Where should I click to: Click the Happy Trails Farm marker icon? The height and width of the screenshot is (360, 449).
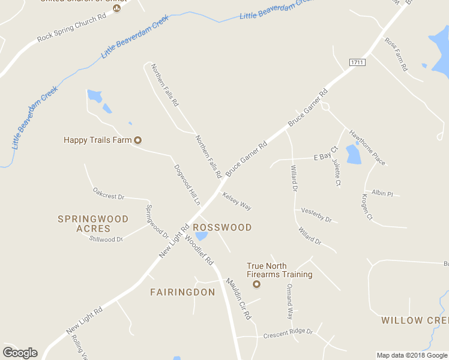click(137, 140)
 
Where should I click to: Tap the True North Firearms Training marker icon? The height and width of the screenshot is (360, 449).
click(257, 284)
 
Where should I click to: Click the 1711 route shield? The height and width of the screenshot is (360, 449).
click(358, 62)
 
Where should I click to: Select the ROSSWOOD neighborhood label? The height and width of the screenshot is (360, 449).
click(222, 227)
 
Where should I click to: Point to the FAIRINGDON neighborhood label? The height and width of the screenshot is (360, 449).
click(182, 292)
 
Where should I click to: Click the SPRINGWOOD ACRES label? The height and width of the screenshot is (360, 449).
click(93, 224)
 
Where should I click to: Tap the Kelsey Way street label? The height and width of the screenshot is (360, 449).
click(237, 201)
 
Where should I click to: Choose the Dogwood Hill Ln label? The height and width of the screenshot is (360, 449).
click(187, 185)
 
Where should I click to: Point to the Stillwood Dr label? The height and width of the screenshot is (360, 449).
click(106, 239)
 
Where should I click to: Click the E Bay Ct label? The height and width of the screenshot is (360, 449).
click(326, 157)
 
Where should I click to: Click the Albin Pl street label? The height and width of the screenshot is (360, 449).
click(382, 193)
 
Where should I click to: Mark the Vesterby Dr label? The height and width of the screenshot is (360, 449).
click(316, 215)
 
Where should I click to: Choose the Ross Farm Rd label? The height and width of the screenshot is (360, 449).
click(396, 55)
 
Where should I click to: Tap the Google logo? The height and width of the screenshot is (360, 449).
click(20, 353)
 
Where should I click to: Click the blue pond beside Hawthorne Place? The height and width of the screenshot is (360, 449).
click(354, 154)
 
